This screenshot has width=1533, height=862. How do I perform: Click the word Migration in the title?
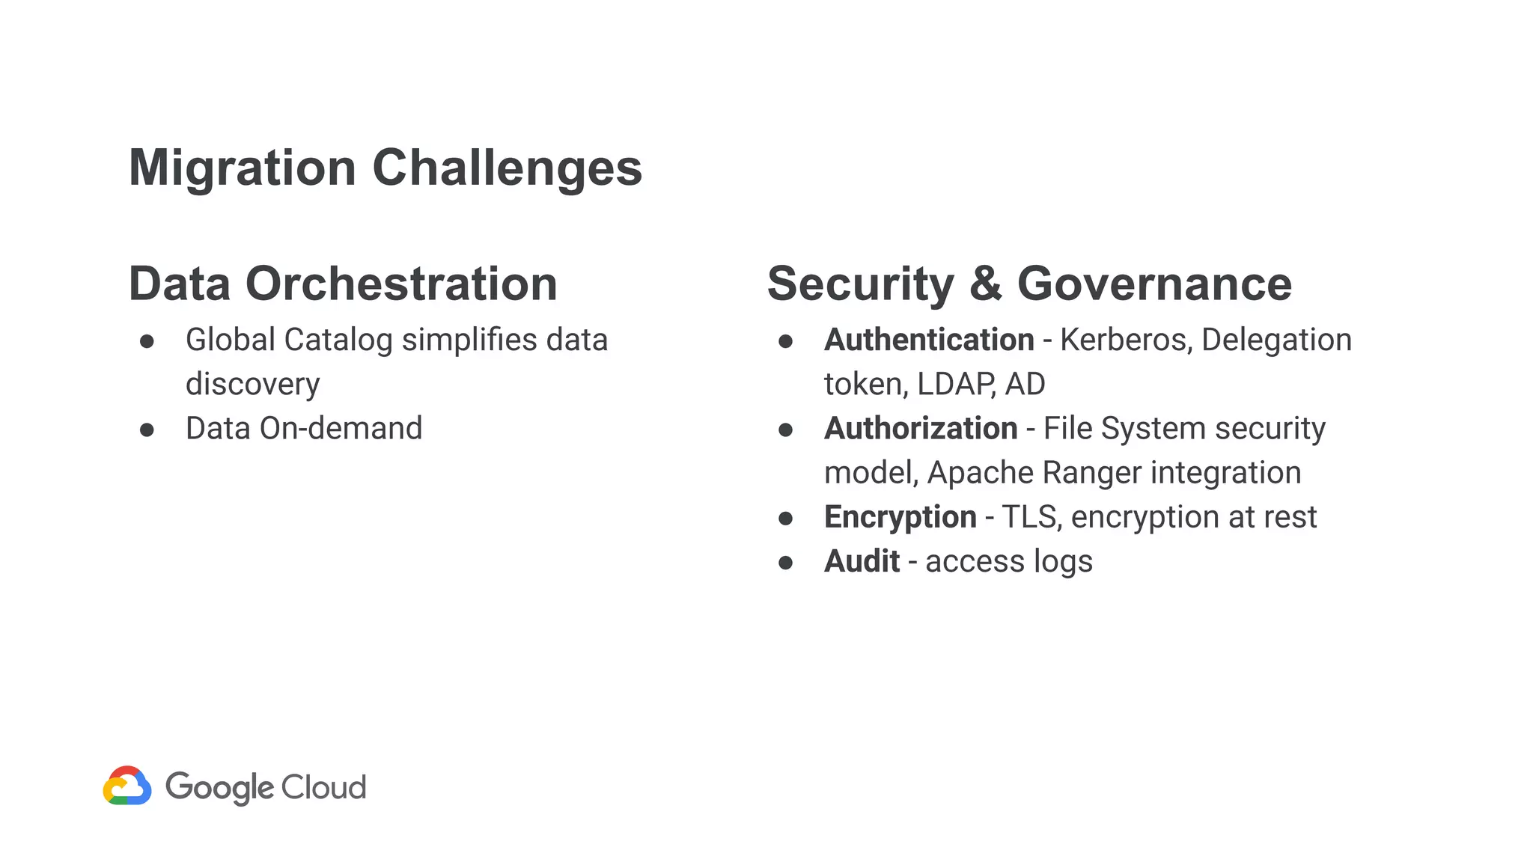coord(242,168)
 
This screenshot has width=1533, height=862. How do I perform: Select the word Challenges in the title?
coord(507,168)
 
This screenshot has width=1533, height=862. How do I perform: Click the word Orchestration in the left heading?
coord(401,284)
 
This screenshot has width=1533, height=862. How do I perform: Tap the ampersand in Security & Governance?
coord(985,284)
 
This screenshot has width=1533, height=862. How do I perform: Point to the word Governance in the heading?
coord(1154,284)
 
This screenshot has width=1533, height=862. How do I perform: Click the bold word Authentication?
coord(929,340)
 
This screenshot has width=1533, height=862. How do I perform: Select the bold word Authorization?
coord(921,429)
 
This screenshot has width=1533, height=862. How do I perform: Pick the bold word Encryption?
coord(900,517)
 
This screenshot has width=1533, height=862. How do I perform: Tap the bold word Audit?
coord(862,561)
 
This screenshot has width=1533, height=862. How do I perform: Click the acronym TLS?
coord(1031,517)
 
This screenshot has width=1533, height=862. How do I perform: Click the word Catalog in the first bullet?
coord(338,340)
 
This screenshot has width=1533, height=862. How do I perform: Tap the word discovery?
coord(252,384)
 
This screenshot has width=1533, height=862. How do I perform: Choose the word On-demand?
coord(341,429)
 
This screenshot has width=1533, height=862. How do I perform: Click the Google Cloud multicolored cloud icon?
coord(127,786)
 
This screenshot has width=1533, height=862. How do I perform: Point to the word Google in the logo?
coord(219,787)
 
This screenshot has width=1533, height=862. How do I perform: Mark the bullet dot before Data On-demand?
coord(147,430)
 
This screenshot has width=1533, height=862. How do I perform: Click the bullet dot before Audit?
coord(785,563)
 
